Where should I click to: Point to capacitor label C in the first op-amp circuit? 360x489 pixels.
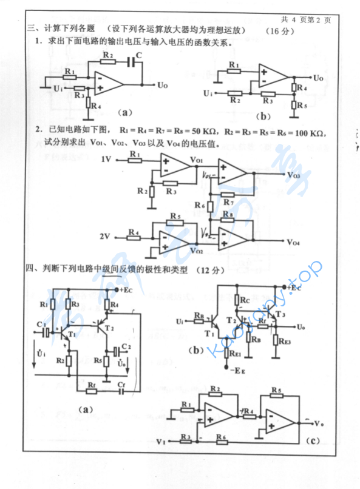pyautogui.click(x=139, y=55)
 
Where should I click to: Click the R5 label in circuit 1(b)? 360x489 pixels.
pyautogui.click(x=302, y=105)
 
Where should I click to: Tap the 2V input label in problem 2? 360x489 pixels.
pyautogui.click(x=105, y=234)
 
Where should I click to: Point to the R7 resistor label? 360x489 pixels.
pyautogui.click(x=228, y=202)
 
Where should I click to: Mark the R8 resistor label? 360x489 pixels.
pyautogui.click(x=228, y=214)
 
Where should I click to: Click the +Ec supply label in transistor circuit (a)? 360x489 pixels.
pyautogui.click(x=126, y=291)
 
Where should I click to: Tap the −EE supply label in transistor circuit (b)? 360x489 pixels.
pyautogui.click(x=232, y=368)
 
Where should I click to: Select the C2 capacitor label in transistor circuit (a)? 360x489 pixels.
pyautogui.click(x=126, y=345)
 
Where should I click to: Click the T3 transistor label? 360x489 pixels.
pyautogui.click(x=279, y=314)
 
